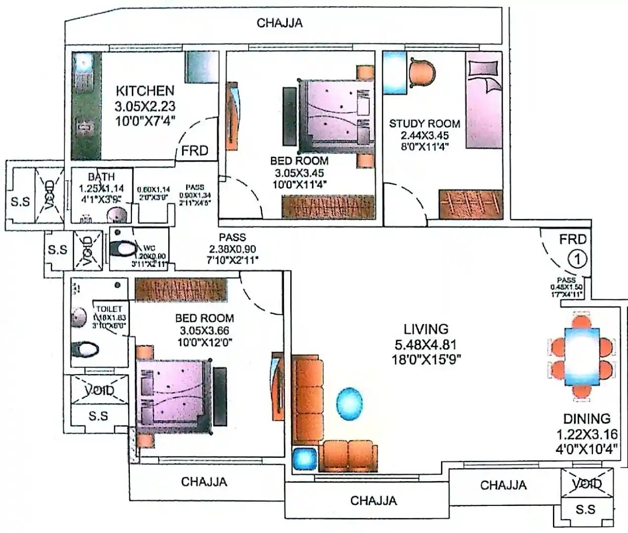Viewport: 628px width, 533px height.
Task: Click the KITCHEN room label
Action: point(145,91)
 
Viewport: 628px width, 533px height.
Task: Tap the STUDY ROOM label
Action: point(425,123)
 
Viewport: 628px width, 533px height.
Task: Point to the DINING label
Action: point(587,419)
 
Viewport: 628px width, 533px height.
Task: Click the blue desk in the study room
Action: point(394,72)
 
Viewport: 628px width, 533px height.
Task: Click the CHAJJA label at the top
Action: point(279,23)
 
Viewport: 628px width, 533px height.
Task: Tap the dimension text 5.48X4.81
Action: point(426,344)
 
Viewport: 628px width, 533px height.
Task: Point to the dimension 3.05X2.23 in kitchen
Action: point(145,106)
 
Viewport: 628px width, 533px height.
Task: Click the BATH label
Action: point(101,177)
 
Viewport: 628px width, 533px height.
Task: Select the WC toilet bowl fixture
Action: point(122,248)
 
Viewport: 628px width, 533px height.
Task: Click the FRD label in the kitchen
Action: point(195,151)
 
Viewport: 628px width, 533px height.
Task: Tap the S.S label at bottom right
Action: point(585,509)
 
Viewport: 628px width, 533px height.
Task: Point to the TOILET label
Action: point(109,309)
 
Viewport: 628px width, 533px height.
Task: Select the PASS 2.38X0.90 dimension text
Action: point(233,249)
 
